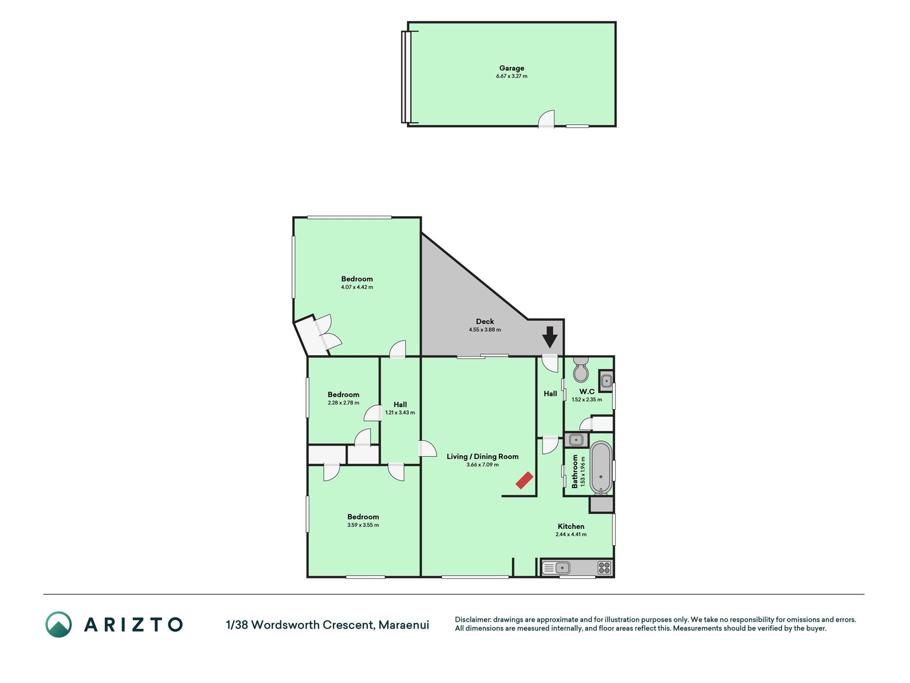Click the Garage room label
click(512, 68)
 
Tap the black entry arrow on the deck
click(550, 337)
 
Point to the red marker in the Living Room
click(525, 480)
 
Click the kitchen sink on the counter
click(556, 568)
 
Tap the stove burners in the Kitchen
click(604, 568)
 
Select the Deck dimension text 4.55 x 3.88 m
click(485, 330)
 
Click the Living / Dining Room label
click(482, 456)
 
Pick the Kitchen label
click(571, 526)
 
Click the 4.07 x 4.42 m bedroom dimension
click(357, 287)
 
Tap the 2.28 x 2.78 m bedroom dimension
click(343, 403)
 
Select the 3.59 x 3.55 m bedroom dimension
click(363, 525)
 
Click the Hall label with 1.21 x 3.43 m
click(400, 404)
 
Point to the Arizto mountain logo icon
click(59, 624)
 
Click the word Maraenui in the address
click(404, 625)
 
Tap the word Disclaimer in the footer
click(472, 620)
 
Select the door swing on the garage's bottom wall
click(546, 119)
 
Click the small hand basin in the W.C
click(606, 381)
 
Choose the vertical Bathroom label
click(575, 471)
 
